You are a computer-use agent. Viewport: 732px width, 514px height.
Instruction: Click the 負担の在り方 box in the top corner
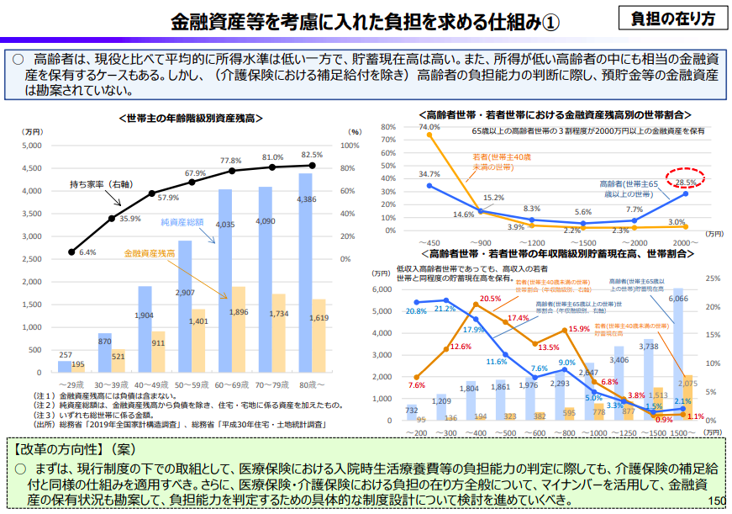pos(672,18)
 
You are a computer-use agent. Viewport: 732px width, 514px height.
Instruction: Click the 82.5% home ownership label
pos(312,155)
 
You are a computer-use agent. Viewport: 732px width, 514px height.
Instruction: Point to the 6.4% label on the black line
pos(87,252)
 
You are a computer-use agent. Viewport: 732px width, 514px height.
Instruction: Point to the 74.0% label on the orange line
pos(429,127)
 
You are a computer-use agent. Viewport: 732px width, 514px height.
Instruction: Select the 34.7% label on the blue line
pos(429,174)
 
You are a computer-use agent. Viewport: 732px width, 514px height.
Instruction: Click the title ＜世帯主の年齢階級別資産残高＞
pos(192,119)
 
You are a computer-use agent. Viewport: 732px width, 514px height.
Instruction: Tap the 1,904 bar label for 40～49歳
pos(145,315)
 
